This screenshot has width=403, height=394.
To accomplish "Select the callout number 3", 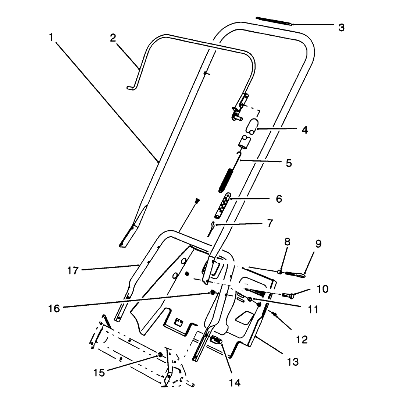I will [342, 28].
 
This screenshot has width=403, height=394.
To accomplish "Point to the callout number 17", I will [73, 270].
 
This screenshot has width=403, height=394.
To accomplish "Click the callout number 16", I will [54, 308].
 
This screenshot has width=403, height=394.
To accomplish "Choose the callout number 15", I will [99, 372].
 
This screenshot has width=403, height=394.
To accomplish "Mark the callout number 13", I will [293, 362].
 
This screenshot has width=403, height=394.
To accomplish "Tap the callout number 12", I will [302, 339].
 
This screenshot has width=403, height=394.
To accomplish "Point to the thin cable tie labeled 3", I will [274, 21].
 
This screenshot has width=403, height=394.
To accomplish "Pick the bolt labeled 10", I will [287, 295].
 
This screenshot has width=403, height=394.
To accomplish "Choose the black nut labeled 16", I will [212, 293].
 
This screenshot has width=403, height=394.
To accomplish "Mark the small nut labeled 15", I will [160, 354].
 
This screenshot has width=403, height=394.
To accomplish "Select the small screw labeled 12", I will [274, 313].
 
